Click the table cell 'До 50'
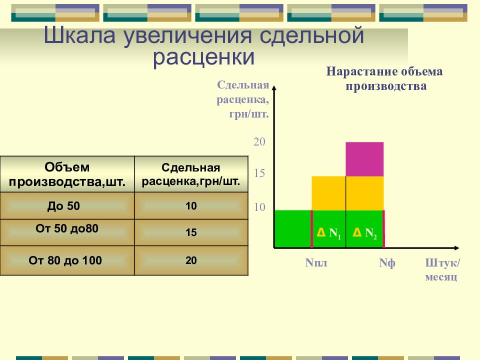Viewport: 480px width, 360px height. [x=67, y=205]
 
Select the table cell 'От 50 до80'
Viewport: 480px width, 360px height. [x=67, y=232]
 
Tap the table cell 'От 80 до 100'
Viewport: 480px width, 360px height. [x=67, y=260]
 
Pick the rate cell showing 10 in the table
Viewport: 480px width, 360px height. [x=191, y=205]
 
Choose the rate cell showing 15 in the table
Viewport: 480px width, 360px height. [x=191, y=232]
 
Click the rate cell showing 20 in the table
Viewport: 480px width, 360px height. [x=191, y=260]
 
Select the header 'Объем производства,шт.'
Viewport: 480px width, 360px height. [x=67, y=174]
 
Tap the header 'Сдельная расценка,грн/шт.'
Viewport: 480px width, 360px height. [x=191, y=174]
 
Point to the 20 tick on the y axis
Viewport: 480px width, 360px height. [x=259, y=141]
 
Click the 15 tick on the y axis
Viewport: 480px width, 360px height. [x=259, y=173]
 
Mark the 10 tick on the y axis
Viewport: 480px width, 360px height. [x=259, y=207]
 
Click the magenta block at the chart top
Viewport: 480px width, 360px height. [x=364, y=159]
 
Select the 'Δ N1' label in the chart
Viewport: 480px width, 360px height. [x=329, y=233]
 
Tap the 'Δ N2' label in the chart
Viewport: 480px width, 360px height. [x=364, y=233]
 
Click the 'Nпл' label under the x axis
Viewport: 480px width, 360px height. [x=316, y=262]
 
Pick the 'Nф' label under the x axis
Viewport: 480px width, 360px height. [x=387, y=263]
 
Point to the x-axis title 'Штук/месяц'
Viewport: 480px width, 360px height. [x=442, y=269]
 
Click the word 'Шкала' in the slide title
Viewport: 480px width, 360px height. [x=79, y=35]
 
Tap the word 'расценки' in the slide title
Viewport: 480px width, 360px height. [x=203, y=57]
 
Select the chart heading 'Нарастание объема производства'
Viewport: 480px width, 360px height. [x=384, y=78]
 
